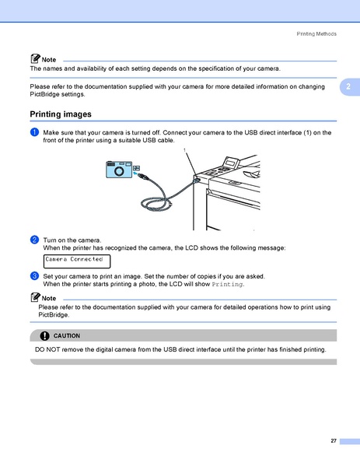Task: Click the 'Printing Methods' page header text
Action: click(x=317, y=35)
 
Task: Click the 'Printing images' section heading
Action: click(x=61, y=114)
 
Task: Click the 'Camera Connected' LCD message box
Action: click(x=76, y=261)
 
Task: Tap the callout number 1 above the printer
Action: click(x=184, y=149)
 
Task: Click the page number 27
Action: click(x=333, y=441)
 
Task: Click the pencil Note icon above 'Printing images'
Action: click(x=36, y=59)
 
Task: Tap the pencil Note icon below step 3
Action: click(x=36, y=298)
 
